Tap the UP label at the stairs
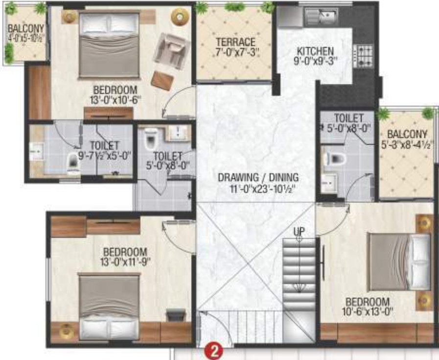[x=299, y=230]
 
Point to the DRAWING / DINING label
[x=258, y=177]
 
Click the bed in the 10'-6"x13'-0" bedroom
[x=399, y=262]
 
